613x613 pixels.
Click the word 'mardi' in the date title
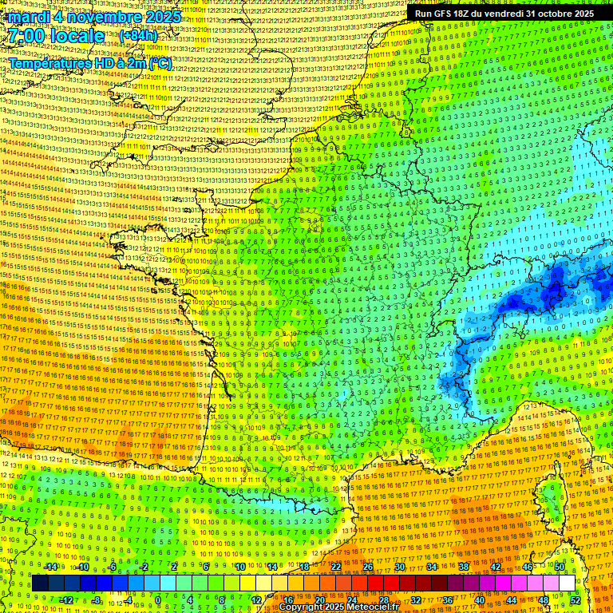[x=27, y=17]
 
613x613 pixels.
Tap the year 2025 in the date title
[x=159, y=17]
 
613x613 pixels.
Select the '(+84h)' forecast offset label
[x=138, y=36]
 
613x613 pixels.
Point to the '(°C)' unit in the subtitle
[x=160, y=63]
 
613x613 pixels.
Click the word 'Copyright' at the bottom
[x=302, y=607]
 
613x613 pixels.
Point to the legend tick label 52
[x=575, y=599]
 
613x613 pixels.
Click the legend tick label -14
[x=50, y=567]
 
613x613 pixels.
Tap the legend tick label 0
[x=158, y=599]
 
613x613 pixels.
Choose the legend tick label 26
[x=368, y=567]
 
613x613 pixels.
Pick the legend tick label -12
[x=66, y=599]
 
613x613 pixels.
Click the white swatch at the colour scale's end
[x=567, y=583]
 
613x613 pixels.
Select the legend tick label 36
[x=447, y=599]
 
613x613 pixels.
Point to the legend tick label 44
[x=511, y=599]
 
